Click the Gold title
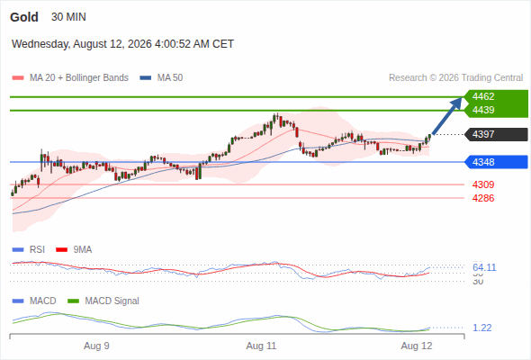(24, 17)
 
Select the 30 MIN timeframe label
(68, 17)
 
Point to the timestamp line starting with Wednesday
(122, 44)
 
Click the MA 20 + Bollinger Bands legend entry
(70, 78)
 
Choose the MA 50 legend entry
(161, 78)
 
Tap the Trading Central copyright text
(455, 78)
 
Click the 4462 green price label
(483, 96)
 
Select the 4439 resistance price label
(483, 110)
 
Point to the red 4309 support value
(483, 184)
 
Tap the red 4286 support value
(483, 198)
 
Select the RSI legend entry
(29, 250)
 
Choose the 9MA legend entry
(74, 250)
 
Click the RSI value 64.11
(484, 267)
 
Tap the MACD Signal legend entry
(103, 301)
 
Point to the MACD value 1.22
(481, 328)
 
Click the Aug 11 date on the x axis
(261, 346)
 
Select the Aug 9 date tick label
(96, 346)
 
